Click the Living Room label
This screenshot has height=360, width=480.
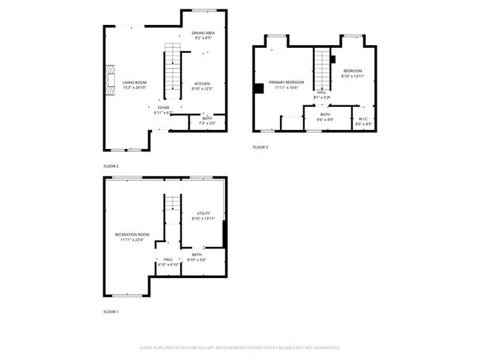click(134, 85)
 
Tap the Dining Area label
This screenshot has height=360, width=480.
click(203, 35)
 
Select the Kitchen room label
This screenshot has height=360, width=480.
click(202, 86)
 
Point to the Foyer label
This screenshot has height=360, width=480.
click(163, 110)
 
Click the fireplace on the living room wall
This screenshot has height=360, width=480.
click(109, 76)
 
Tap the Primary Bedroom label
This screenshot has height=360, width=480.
click(286, 84)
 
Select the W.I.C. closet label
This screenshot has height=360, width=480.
click(363, 121)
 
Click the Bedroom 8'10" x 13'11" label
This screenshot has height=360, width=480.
click(353, 74)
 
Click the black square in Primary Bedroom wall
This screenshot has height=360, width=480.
click(258, 89)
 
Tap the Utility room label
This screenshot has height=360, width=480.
click(203, 215)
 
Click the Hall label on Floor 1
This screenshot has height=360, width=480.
click(168, 261)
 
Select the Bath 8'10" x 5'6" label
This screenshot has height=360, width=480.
click(196, 257)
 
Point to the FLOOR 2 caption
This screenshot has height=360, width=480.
click(111, 167)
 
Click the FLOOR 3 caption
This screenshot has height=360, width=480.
click(260, 148)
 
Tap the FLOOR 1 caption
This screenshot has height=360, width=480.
click(111, 313)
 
